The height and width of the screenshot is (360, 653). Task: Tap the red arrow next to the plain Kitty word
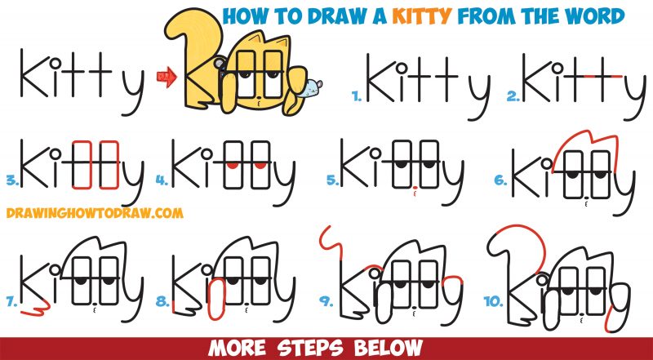pyautogui.click(x=170, y=79)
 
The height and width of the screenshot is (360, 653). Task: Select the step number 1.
pyautogui.click(x=356, y=96)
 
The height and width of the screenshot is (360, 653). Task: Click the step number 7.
pyautogui.click(x=10, y=303)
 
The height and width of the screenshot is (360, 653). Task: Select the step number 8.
pyautogui.click(x=162, y=303)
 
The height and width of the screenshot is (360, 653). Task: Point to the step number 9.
pyautogui.click(x=326, y=303)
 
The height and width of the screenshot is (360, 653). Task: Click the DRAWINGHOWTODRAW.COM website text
pyautogui.click(x=91, y=214)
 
